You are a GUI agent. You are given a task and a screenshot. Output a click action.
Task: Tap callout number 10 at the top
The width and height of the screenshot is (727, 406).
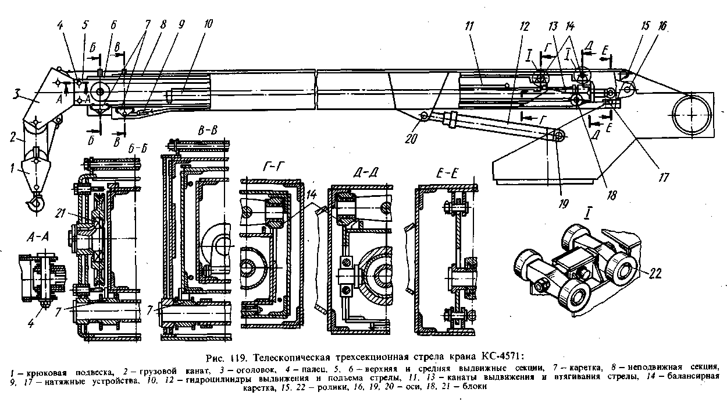click(208, 24)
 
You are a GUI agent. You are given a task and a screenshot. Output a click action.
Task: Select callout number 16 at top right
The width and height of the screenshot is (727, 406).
click(647, 27)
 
